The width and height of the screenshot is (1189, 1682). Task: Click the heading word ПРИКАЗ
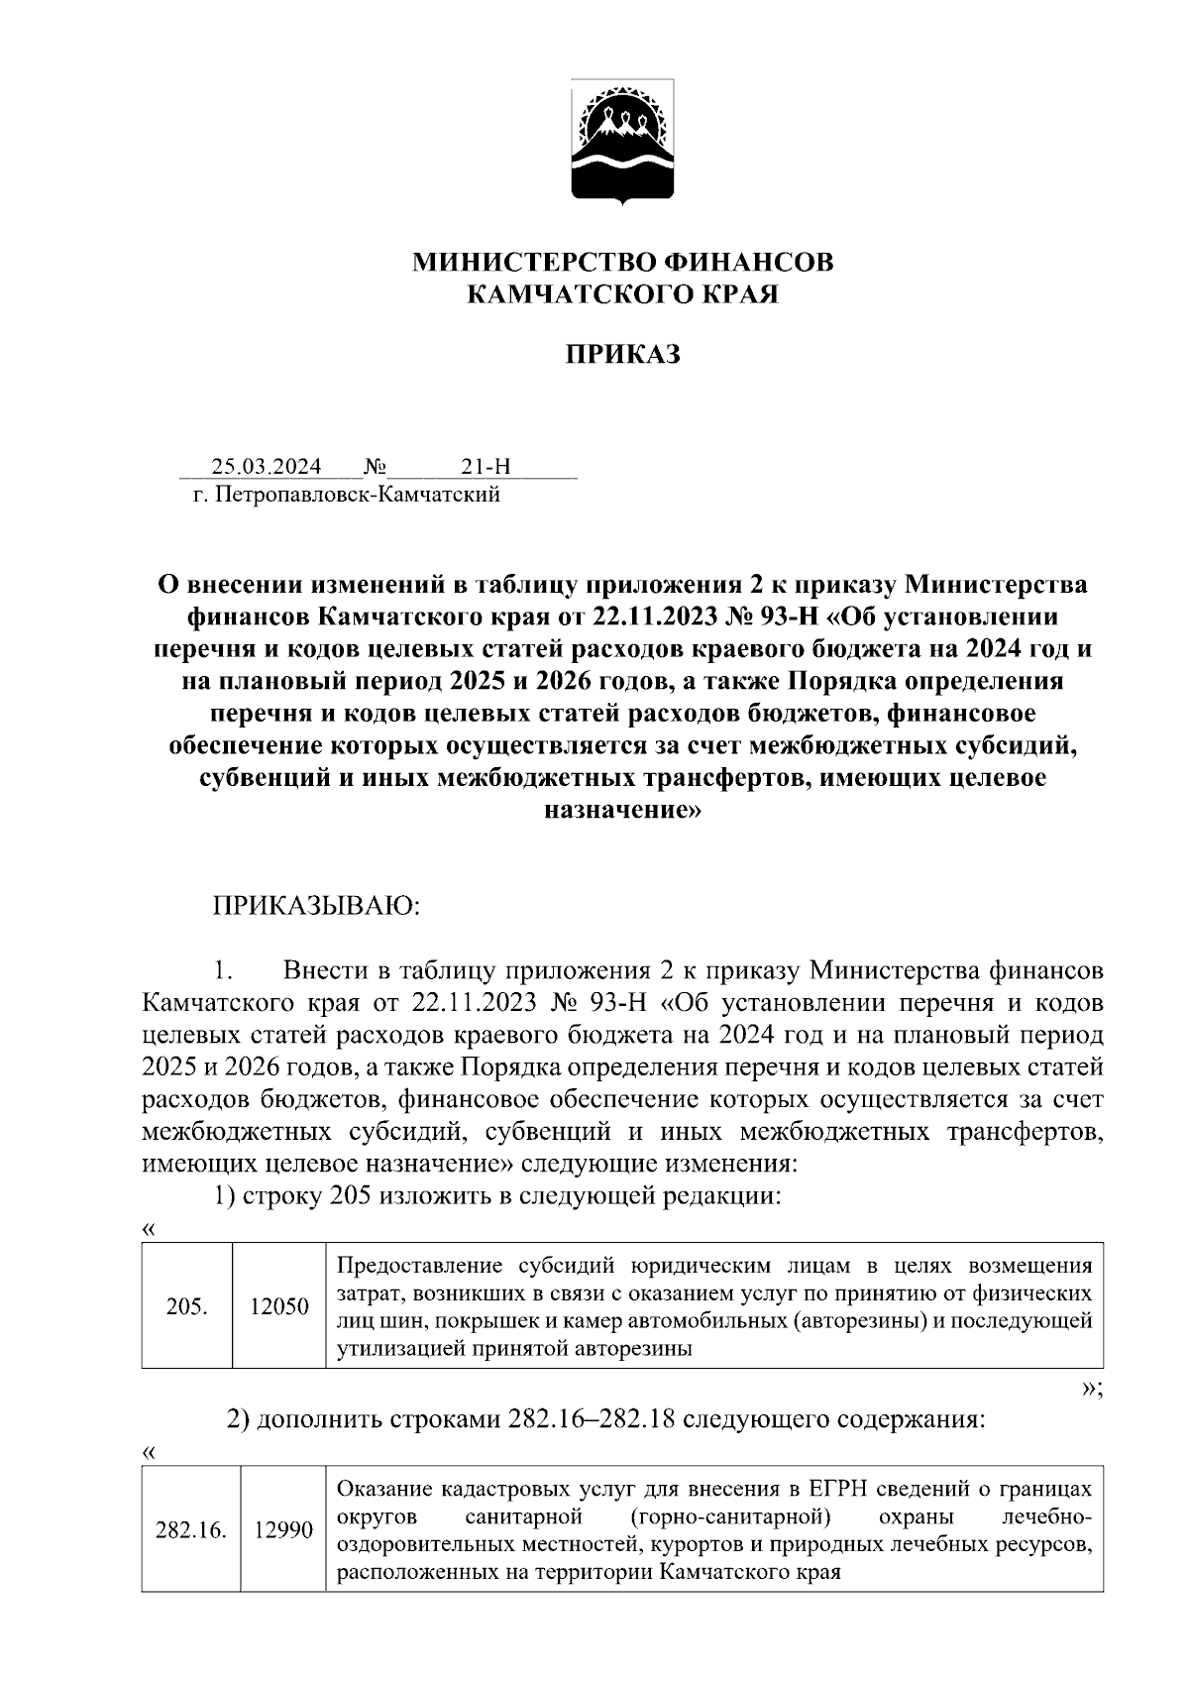tap(623, 355)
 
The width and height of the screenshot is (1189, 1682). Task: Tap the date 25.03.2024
tap(266, 466)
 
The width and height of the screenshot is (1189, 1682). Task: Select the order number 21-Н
tap(486, 466)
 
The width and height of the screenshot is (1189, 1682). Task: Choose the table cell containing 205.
tap(187, 1306)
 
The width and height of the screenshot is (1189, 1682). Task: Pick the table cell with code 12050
tap(278, 1306)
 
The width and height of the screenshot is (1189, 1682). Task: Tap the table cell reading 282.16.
tap(191, 1530)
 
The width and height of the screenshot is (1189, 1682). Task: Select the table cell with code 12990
tap(283, 1530)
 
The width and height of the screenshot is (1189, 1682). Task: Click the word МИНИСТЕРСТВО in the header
tap(531, 263)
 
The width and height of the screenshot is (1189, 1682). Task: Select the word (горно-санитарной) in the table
tap(728, 1517)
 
